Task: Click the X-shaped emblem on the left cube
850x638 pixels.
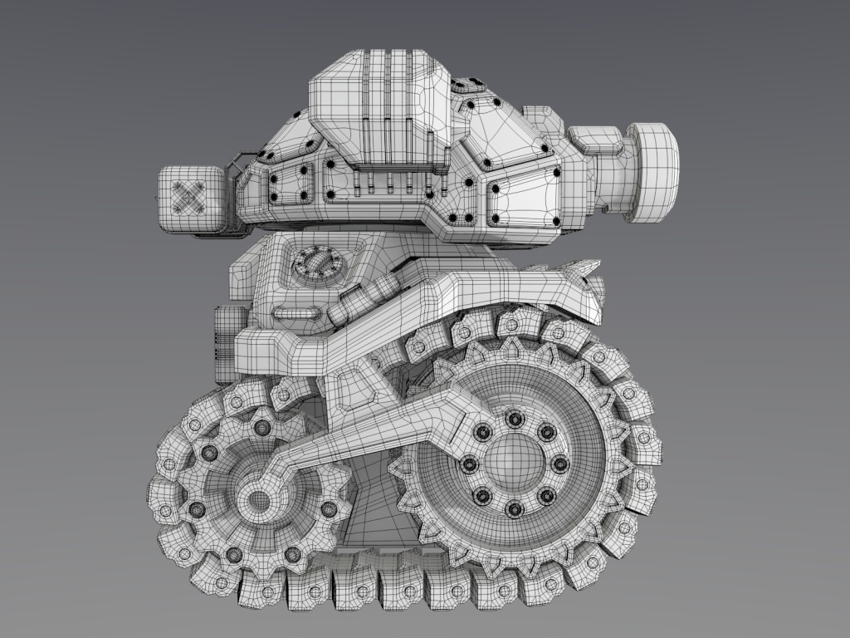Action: coord(190,197)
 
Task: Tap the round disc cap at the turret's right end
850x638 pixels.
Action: coord(653,172)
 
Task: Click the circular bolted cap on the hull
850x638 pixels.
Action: coord(315,265)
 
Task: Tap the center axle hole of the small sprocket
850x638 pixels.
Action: coord(260,500)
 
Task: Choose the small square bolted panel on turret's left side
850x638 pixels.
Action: coord(287,184)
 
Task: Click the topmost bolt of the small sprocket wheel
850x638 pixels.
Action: coord(262,428)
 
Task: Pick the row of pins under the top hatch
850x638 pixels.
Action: coord(390,182)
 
